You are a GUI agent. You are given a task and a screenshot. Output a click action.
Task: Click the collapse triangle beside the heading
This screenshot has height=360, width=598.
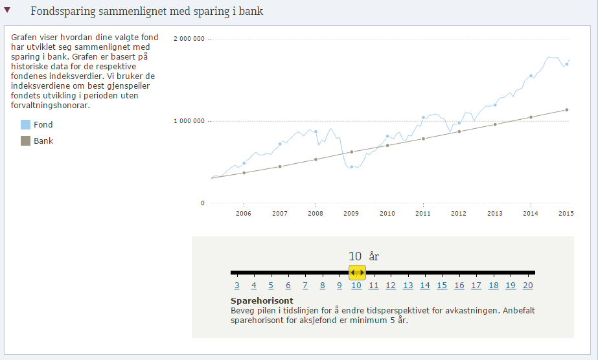coord(7,10)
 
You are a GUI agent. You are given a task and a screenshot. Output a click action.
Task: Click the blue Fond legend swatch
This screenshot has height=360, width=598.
coord(26,124)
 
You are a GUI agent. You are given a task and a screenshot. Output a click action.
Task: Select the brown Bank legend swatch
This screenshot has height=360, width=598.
coord(26,141)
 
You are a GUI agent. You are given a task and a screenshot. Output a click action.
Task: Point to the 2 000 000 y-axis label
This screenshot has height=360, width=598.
coord(189,39)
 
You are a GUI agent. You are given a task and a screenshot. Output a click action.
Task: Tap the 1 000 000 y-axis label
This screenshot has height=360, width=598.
coord(189,121)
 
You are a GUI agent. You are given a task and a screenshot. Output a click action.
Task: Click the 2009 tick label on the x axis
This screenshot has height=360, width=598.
coord(351,213)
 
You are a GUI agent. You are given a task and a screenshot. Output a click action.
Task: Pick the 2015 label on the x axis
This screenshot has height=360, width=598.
coord(566,213)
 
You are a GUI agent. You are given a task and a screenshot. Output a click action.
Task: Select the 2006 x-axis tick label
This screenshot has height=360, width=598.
coord(244,213)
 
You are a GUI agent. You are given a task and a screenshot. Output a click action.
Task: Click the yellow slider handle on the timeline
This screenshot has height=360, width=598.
coord(357,273)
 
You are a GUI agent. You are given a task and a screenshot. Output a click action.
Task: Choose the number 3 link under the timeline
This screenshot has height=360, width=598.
coord(237,286)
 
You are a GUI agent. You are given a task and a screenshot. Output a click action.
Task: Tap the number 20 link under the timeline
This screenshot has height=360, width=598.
coord(527,286)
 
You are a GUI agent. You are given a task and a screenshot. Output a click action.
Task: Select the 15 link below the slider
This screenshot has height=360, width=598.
coord(442,286)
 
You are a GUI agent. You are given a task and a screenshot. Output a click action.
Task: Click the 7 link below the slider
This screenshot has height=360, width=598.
coord(305,286)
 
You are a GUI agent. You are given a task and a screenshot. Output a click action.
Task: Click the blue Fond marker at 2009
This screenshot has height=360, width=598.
coord(352,167)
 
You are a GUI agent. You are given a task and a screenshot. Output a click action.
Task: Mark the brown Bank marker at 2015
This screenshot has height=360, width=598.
coord(567,109)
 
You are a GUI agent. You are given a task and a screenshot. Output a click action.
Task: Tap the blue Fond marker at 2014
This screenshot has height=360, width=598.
coord(531,76)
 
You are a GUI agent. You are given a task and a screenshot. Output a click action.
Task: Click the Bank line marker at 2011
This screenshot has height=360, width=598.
coord(423,139)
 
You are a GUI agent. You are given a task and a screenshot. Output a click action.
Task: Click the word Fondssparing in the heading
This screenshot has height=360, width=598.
coord(60,12)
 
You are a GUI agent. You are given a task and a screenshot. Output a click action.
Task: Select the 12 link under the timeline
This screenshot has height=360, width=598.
coord(391,286)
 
